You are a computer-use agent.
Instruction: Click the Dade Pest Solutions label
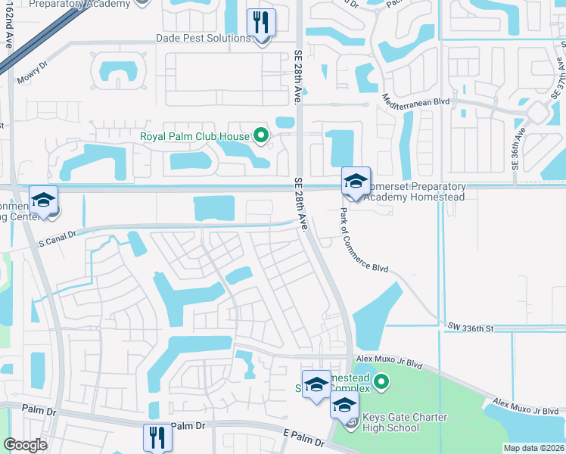pos(202,38)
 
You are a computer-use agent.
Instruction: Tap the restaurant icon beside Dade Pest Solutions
pos(261,23)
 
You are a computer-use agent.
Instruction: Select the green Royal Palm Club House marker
pos(261,136)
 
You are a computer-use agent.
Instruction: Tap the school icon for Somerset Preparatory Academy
pos(355,182)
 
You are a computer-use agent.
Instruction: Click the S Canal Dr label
pos(58,235)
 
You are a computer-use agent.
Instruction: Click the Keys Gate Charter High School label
pos(406,422)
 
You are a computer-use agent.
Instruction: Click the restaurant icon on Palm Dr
pos(157,438)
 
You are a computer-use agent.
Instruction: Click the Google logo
pos(25,445)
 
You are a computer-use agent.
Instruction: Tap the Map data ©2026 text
pos(533,448)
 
